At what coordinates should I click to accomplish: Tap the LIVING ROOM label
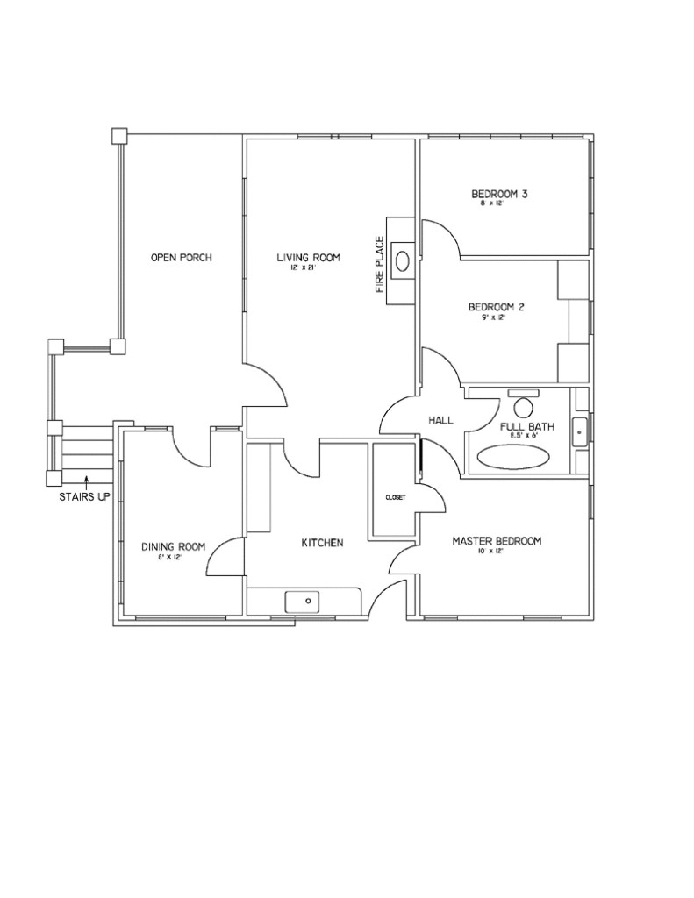(x=308, y=257)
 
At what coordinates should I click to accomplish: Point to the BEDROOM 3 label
(x=497, y=194)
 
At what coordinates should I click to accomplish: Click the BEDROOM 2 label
(x=496, y=307)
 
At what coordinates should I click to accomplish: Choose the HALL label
(x=440, y=421)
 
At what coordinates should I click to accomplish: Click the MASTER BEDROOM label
(x=497, y=541)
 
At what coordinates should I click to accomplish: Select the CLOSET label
(x=395, y=497)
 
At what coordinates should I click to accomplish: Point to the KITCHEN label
(x=322, y=543)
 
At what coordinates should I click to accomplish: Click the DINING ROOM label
(x=173, y=546)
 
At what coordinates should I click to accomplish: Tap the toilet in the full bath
(x=525, y=407)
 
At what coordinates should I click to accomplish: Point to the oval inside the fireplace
(x=404, y=260)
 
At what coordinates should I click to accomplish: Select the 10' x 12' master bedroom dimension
(x=495, y=552)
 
